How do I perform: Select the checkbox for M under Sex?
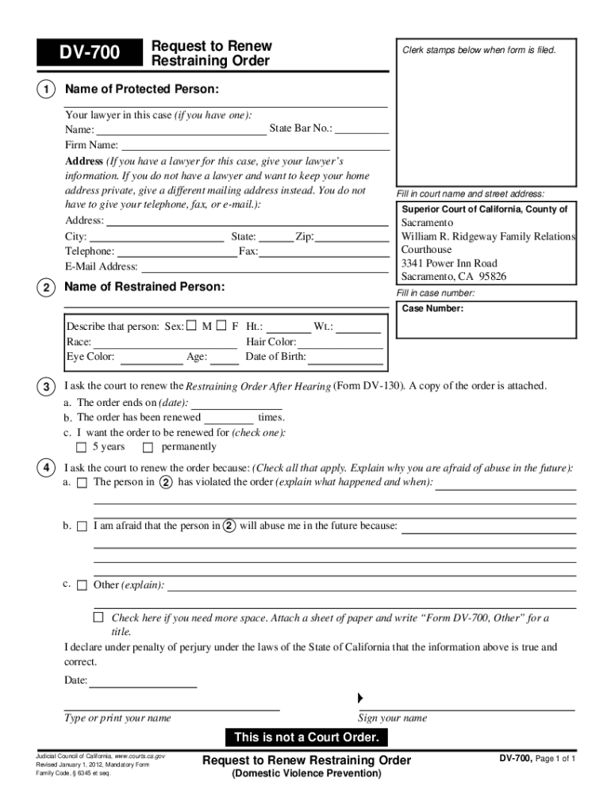[x=191, y=326]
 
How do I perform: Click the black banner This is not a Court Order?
[x=306, y=738]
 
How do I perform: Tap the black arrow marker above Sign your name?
[x=360, y=698]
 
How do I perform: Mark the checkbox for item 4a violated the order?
[x=82, y=483]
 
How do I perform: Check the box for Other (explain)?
[x=82, y=586]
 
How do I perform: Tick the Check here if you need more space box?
[x=98, y=617]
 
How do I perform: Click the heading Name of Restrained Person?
[x=144, y=286]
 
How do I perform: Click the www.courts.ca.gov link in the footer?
[x=140, y=756]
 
